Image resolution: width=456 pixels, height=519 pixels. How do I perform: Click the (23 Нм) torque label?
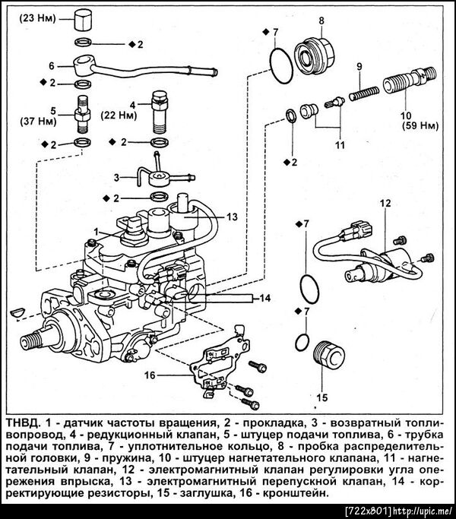(35, 16)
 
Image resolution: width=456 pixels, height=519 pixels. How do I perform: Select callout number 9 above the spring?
(358, 67)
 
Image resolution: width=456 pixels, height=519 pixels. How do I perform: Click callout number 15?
(321, 396)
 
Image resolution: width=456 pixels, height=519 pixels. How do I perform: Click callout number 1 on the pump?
(97, 230)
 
